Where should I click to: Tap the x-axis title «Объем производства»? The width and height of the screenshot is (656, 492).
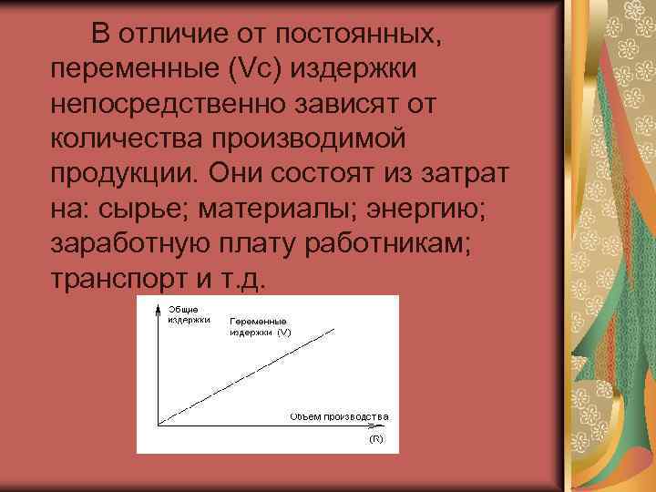(x=339, y=416)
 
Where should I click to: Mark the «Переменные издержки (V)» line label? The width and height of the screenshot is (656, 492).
(x=260, y=328)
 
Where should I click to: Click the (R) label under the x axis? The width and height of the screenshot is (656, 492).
(x=375, y=439)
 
